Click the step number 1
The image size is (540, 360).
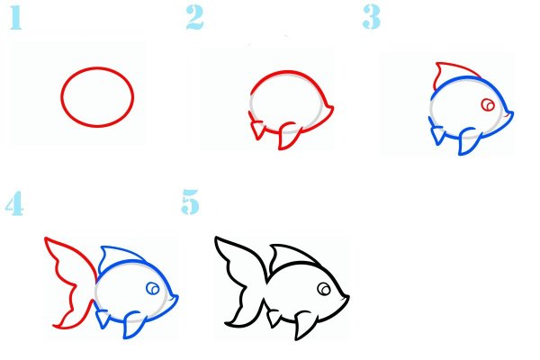coord(16,18)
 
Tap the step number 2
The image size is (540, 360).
coord(195,18)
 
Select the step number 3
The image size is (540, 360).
coord(372,18)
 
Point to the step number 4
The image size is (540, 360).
coord(14,203)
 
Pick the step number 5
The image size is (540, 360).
coord(191,202)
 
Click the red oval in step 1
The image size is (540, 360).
coord(97,68)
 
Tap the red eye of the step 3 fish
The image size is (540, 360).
coord(488,104)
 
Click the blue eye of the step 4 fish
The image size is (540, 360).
coord(153,288)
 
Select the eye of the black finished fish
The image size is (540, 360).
coord(324,289)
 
